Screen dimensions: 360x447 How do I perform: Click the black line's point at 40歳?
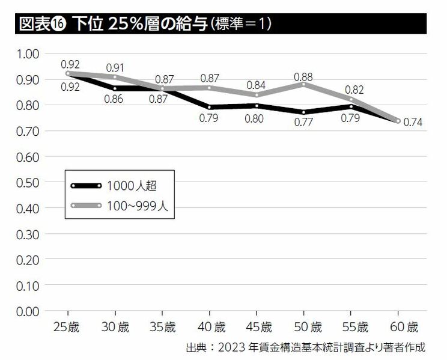click(209, 107)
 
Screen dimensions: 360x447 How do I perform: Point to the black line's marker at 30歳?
click(115, 88)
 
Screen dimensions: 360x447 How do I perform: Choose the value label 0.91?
click(115, 68)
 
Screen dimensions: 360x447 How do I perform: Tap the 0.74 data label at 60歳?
click(414, 122)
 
